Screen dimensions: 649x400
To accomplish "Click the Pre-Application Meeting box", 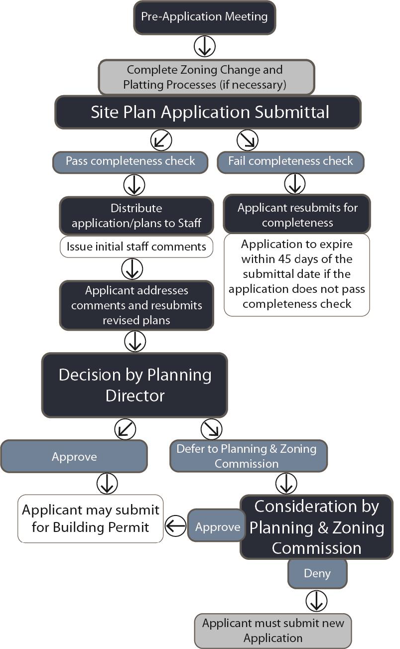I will coord(204,17).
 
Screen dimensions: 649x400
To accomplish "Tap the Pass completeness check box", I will coord(131,161).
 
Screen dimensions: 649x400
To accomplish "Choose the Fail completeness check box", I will coord(290,161).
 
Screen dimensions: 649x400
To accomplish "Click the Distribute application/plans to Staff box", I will coord(136,215).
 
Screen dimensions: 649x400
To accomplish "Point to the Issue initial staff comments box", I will coord(136,247).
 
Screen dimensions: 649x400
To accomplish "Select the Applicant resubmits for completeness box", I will coord(297,215).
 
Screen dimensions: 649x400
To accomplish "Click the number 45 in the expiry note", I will coord(291,260).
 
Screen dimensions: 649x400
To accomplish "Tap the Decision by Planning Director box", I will coord(134,385).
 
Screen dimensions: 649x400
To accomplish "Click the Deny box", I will coord(317,573).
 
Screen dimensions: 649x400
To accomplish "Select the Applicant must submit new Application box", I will coord(272,631).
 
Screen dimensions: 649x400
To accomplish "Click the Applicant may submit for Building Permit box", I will coord(91,519).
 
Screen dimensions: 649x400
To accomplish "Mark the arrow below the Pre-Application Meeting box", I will coord(204,46).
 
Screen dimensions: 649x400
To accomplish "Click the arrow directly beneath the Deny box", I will coord(315,601).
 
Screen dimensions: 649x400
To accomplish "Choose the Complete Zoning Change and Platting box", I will coord(206,77).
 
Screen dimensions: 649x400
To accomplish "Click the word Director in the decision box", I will coord(135,396).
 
